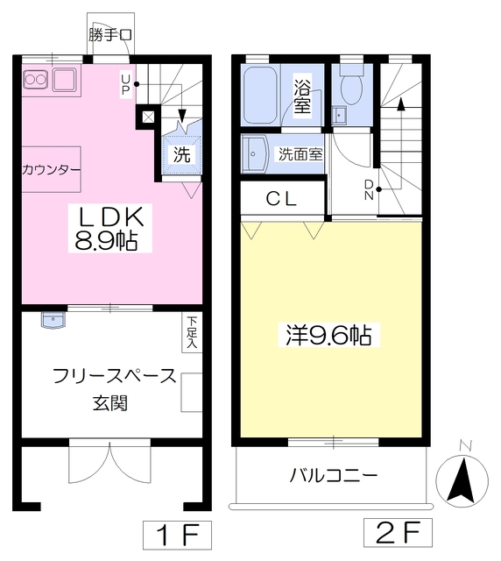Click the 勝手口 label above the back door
tap(110, 36)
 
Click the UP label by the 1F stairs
tap(126, 84)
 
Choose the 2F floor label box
tap(401, 531)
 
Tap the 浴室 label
tap(302, 95)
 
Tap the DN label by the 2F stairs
tap(369, 188)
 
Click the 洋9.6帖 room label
tap(327, 334)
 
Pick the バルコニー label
tap(334, 476)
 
